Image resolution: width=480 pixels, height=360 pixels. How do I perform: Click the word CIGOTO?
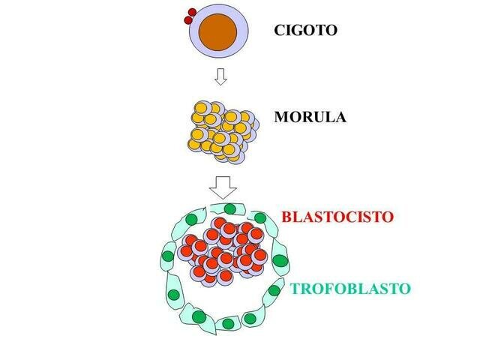pos(306,31)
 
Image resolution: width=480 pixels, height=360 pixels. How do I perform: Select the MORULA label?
pos(310,118)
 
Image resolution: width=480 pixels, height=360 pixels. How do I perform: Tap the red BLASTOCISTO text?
pos(337,217)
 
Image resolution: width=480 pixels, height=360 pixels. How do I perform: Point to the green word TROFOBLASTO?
pos(351,288)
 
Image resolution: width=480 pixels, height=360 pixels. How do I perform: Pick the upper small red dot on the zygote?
pos(191,12)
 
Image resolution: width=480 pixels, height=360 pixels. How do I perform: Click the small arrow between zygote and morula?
pos(220,76)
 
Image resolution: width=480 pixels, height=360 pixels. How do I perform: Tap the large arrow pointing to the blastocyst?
pos(222,186)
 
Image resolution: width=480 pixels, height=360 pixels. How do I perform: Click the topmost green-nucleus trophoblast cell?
pos(231,208)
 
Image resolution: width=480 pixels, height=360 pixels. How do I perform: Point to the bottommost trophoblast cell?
pos(228,323)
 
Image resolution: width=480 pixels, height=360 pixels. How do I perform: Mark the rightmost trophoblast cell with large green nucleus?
pos(280,262)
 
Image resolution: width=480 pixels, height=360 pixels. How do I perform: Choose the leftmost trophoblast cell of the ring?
pos(169,258)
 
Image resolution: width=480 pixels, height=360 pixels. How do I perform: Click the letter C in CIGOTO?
pos(280,31)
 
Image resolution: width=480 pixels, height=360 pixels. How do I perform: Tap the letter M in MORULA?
pos(280,118)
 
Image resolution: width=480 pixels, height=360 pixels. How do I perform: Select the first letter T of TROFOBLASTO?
pos(296,288)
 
